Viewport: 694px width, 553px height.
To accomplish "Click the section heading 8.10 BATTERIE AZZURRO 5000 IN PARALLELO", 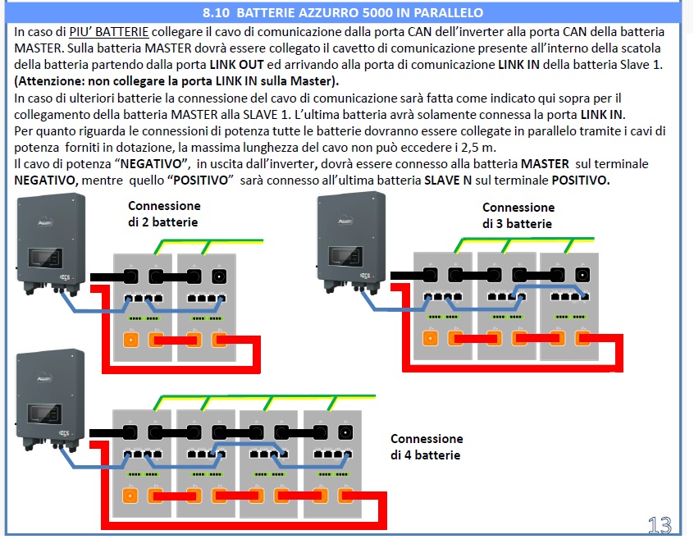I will pos(343,13).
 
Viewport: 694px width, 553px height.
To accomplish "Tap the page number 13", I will pos(660,526).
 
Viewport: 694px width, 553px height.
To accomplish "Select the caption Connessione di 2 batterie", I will pos(163,214).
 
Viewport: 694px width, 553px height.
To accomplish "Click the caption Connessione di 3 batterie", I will pos(518,216).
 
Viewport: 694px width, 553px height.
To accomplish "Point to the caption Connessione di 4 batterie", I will pos(426,447).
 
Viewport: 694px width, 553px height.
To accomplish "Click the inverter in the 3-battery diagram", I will pos(351,238).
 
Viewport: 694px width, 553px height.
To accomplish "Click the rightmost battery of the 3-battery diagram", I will pos(570,305).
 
